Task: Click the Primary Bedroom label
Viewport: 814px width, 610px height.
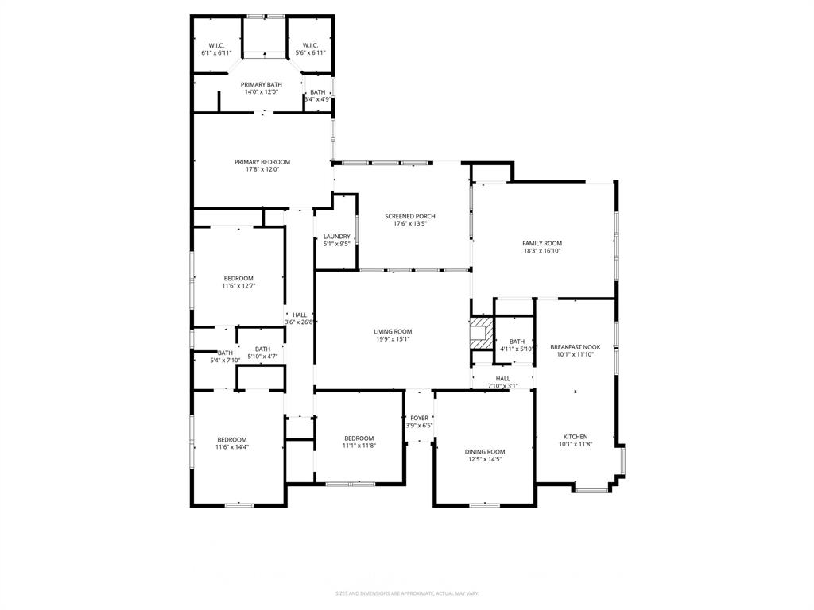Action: click(262, 162)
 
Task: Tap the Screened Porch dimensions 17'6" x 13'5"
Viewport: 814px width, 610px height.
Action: click(409, 224)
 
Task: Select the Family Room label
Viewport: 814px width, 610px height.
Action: click(542, 243)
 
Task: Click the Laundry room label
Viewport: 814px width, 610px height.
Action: click(336, 236)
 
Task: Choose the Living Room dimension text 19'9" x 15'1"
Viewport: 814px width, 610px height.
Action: click(393, 339)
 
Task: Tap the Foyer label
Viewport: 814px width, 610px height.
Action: click(419, 418)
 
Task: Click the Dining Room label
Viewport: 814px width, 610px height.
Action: click(484, 451)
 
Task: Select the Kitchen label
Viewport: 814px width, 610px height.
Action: click(576, 437)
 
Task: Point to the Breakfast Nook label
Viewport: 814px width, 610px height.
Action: click(576, 347)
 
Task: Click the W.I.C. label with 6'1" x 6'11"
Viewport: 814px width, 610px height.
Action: click(216, 45)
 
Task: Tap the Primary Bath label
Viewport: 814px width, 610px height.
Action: click(262, 84)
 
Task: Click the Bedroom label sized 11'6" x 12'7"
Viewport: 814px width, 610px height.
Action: click(238, 278)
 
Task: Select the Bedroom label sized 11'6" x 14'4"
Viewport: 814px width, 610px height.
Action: click(232, 439)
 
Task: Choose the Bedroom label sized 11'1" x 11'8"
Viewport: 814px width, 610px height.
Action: click(359, 438)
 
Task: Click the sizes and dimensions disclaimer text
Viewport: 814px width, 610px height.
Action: click(406, 593)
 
